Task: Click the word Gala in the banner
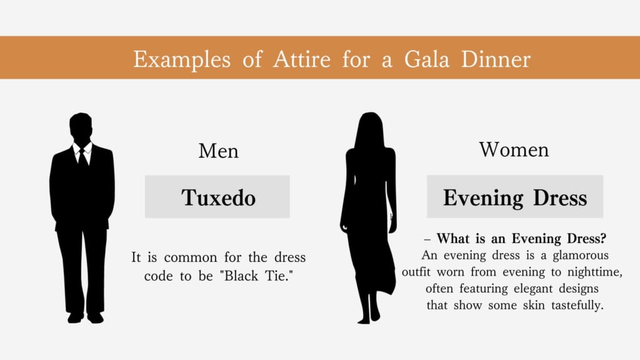(x=426, y=59)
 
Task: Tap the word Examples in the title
(x=182, y=60)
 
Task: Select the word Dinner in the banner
(x=496, y=59)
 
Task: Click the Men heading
(x=218, y=151)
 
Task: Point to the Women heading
(x=514, y=150)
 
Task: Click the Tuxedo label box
(x=217, y=197)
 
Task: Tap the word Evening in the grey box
(x=483, y=198)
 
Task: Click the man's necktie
(x=83, y=157)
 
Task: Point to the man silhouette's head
(x=81, y=127)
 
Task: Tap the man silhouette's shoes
(x=85, y=317)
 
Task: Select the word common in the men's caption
(x=191, y=257)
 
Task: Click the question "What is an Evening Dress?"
(x=521, y=238)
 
